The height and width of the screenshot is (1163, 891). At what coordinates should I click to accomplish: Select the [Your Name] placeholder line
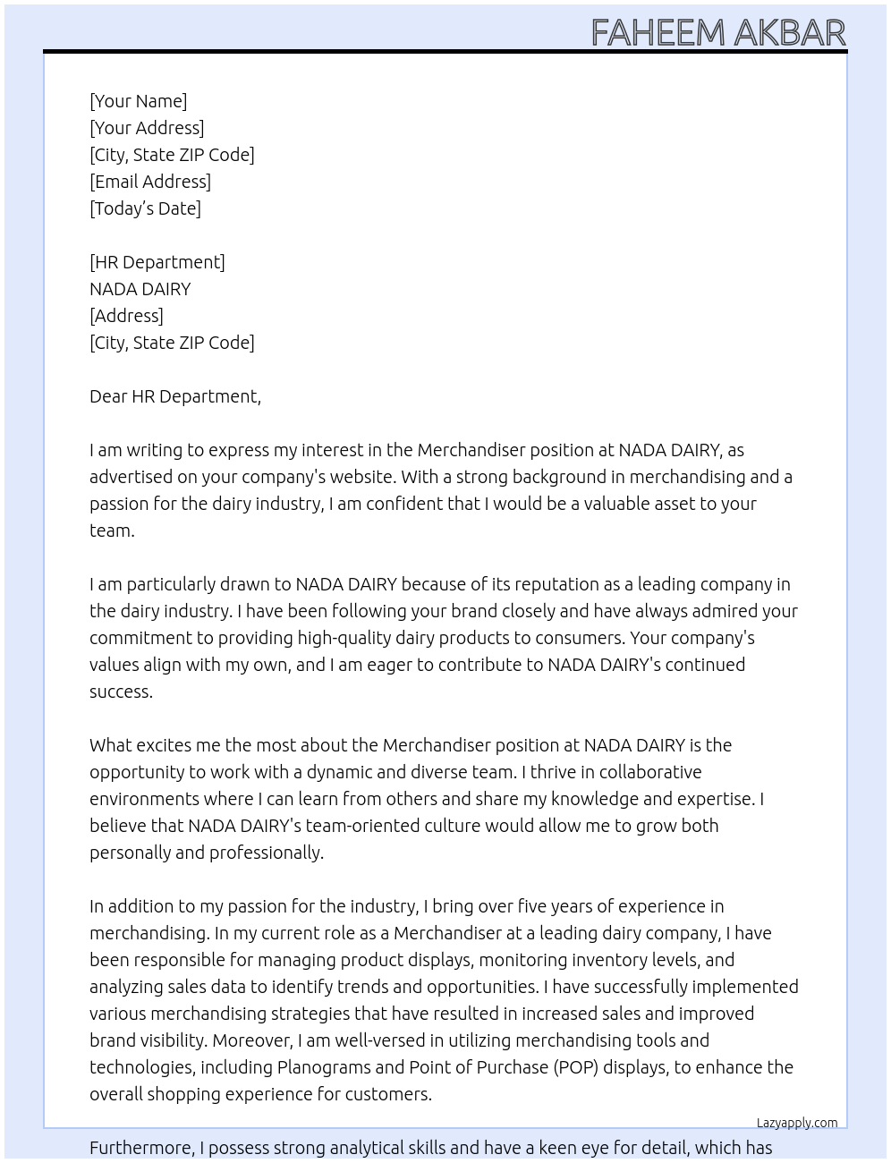click(x=139, y=101)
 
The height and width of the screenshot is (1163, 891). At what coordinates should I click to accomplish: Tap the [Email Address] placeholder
click(x=150, y=182)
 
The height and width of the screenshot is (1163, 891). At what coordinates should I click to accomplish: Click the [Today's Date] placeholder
click(x=145, y=208)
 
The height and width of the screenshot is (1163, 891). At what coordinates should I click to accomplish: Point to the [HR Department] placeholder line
click(x=157, y=262)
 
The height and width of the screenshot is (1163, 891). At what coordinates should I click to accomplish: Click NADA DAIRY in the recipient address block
click(x=140, y=289)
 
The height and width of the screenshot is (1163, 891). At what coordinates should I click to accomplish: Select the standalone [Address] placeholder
click(x=126, y=316)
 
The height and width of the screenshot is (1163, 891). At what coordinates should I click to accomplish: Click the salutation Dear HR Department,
click(x=175, y=396)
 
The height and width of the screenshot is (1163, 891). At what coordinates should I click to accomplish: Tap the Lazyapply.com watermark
click(x=797, y=1123)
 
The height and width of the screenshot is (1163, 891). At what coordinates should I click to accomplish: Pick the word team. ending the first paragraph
click(x=112, y=531)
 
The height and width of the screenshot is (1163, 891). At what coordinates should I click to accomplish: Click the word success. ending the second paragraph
click(x=121, y=692)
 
